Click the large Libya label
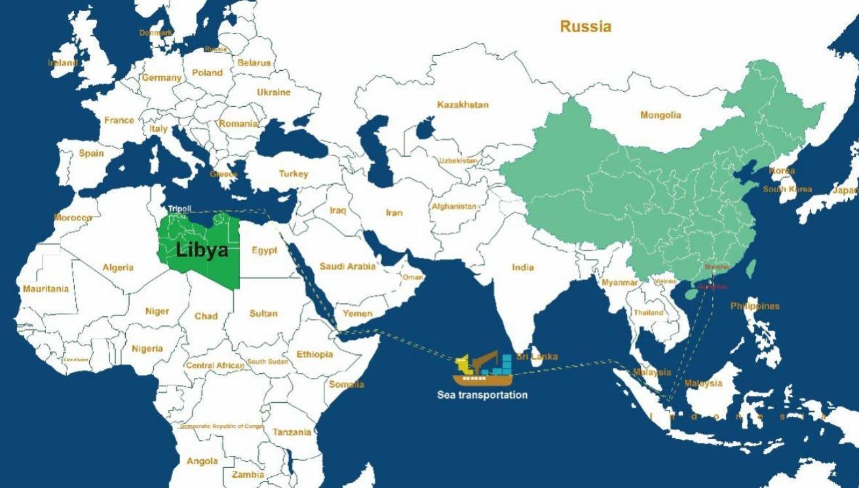(202, 250)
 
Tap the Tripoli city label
(180, 209)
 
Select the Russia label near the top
(585, 27)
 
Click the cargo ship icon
(483, 371)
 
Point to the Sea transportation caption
(482, 395)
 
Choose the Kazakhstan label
(463, 105)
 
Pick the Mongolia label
(660, 115)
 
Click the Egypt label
(265, 250)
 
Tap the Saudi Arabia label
(347, 266)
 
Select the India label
(523, 267)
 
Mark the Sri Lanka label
(537, 357)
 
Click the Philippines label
(755, 306)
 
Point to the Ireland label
(63, 63)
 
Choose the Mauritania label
(45, 289)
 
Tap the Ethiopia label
(315, 354)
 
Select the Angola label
(202, 461)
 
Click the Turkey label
(293, 174)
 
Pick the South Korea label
(787, 190)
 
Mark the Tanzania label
(292, 432)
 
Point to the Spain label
(91, 153)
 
